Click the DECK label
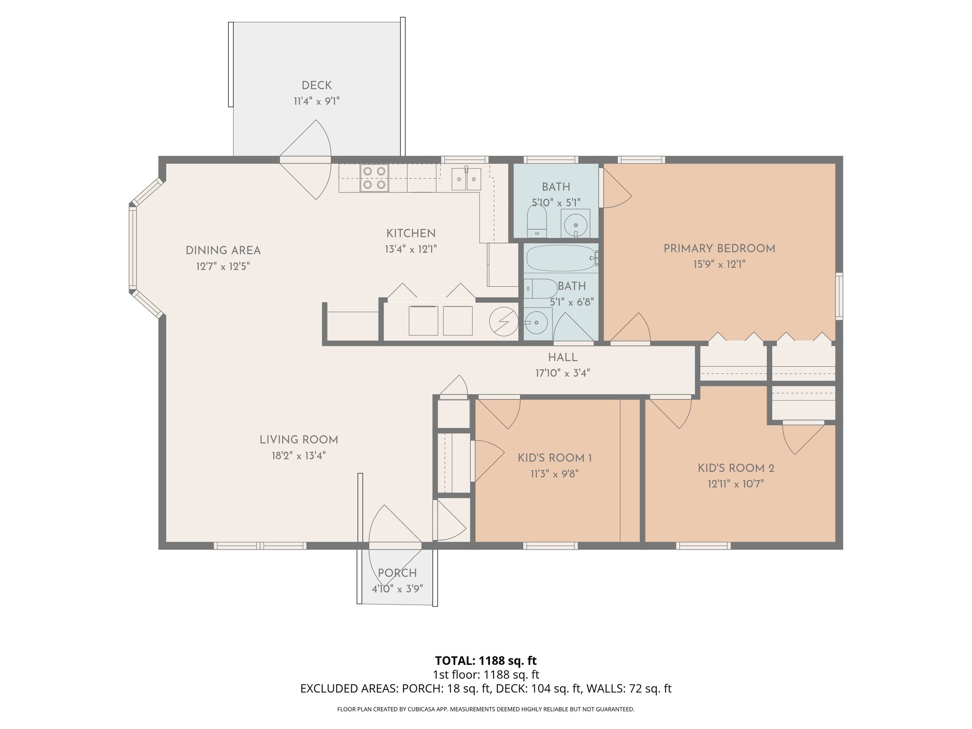click(317, 85)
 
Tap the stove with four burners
click(374, 178)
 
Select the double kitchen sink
click(466, 179)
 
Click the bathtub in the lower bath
click(561, 258)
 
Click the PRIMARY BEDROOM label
click(719, 248)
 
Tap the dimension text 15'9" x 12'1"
click(719, 264)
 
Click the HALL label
click(562, 357)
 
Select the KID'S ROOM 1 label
click(554, 458)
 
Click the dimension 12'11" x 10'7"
click(736, 484)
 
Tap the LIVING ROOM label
click(299, 439)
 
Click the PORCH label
click(397, 573)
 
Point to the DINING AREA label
click(223, 250)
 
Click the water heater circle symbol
click(504, 321)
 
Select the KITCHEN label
click(411, 233)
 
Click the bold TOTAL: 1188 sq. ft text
click(486, 661)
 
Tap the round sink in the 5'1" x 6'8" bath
click(537, 323)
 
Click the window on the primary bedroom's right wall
click(839, 295)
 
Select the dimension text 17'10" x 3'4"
click(562, 373)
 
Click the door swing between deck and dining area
click(306, 160)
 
